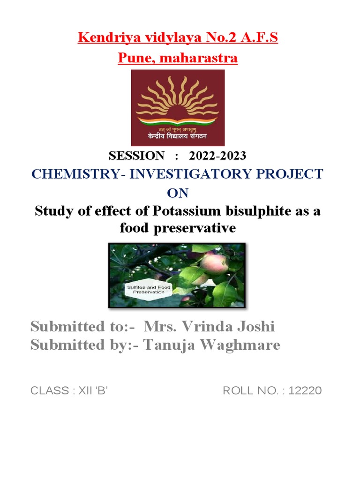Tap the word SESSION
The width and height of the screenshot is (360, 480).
136,156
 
